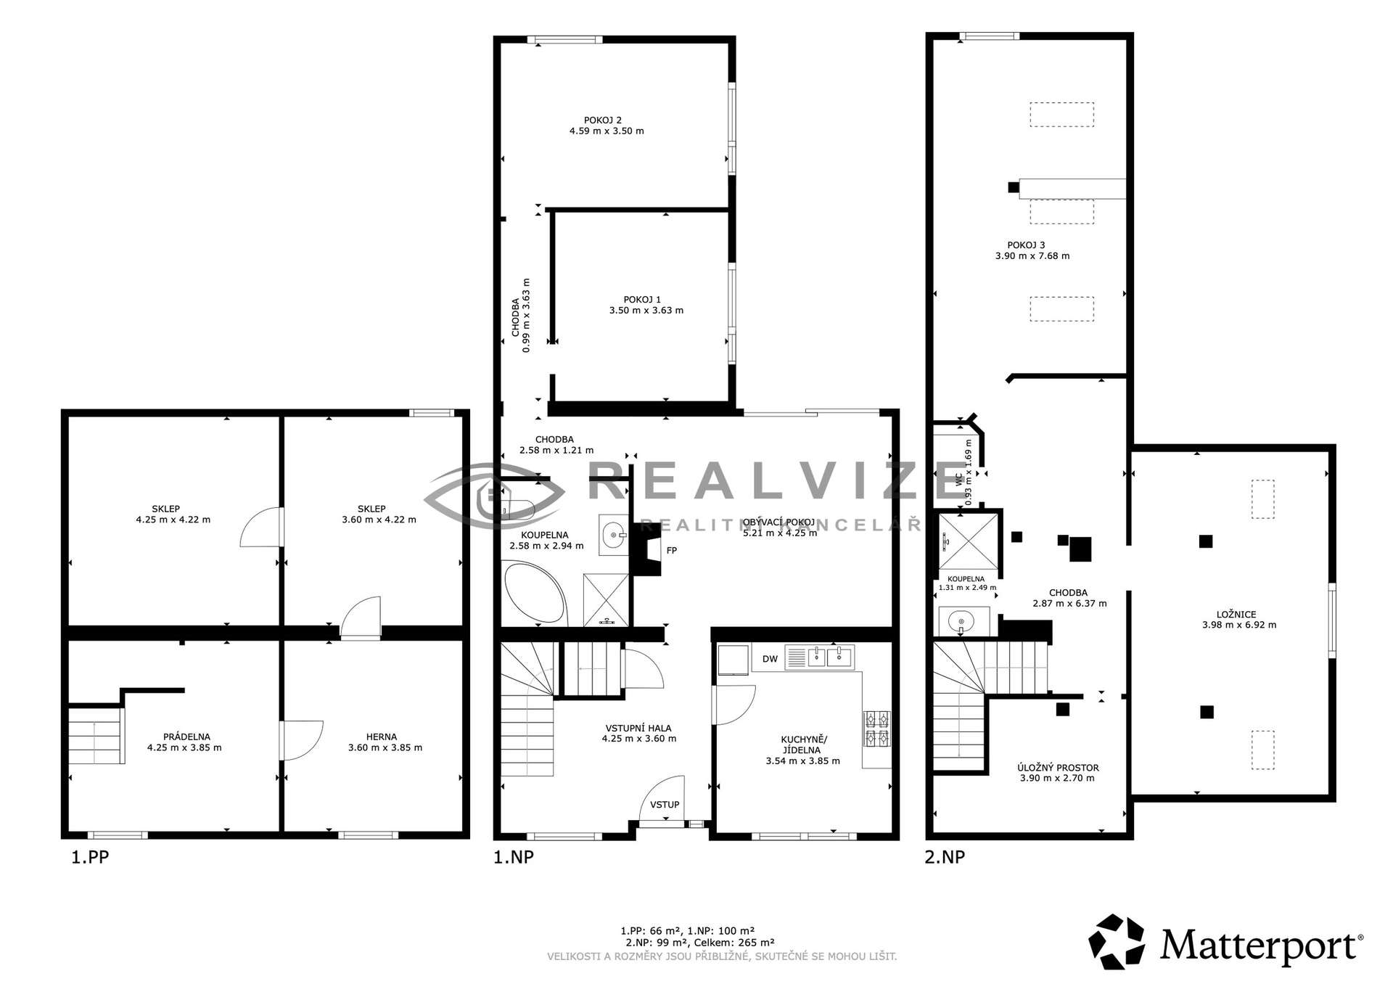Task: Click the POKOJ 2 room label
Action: pyautogui.click(x=602, y=120)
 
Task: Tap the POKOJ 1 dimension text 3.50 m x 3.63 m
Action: pyautogui.click(x=646, y=311)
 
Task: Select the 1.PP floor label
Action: pyautogui.click(x=90, y=857)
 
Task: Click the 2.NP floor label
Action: pyautogui.click(x=945, y=857)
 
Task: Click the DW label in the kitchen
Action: pyautogui.click(x=770, y=659)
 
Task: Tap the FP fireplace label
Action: pyautogui.click(x=672, y=551)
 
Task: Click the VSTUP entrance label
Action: pyautogui.click(x=665, y=805)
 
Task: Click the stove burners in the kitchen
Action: pyautogui.click(x=876, y=729)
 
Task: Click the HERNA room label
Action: pyautogui.click(x=382, y=737)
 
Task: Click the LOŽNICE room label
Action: pyautogui.click(x=1238, y=615)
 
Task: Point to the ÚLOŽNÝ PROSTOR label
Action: pyautogui.click(x=1058, y=768)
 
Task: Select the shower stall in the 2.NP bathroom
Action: pyautogui.click(x=968, y=541)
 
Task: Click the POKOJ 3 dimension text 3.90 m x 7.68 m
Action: pyautogui.click(x=1032, y=256)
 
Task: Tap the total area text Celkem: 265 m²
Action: pyautogui.click(x=734, y=943)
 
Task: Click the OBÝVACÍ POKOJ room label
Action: pyautogui.click(x=779, y=522)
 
